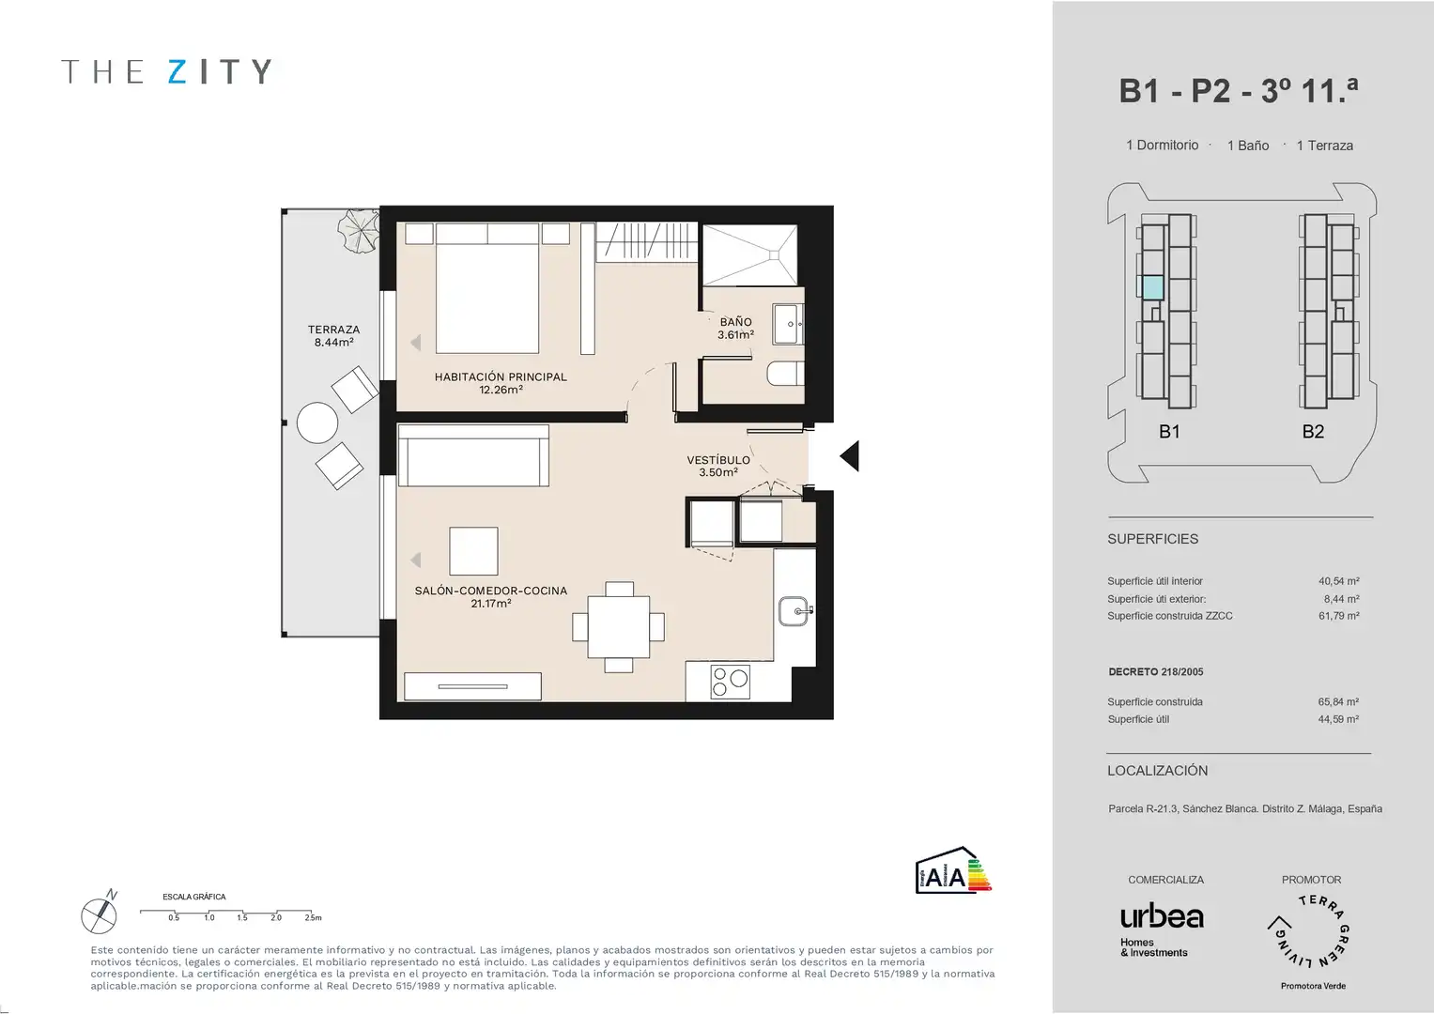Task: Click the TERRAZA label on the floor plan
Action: [x=333, y=335]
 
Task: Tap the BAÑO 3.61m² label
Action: [x=735, y=329]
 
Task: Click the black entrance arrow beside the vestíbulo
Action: [x=850, y=455]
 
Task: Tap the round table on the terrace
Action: [x=316, y=422]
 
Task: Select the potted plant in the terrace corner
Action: [x=359, y=231]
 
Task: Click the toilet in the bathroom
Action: [x=785, y=374]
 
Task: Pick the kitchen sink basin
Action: [x=794, y=610]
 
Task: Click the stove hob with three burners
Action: [x=730, y=682]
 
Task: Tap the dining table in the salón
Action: [x=619, y=627]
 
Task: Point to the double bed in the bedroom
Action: [x=487, y=288]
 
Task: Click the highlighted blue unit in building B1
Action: [x=1153, y=288]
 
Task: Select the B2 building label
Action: [x=1313, y=432]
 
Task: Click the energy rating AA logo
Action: [x=953, y=870]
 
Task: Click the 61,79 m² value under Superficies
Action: [x=1338, y=616]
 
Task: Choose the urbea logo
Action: [x=1162, y=917]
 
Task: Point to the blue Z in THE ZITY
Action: [x=177, y=71]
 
